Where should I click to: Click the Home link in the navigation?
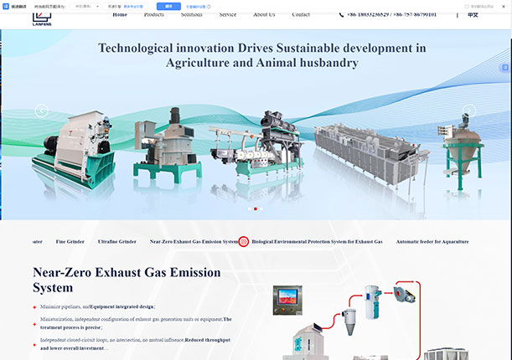click(120, 15)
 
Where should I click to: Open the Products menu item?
click(154, 15)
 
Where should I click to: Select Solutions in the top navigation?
click(191, 15)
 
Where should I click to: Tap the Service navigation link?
click(228, 15)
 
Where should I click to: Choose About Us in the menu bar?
click(264, 15)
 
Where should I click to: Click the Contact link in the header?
click(301, 15)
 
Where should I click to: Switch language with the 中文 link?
click(473, 15)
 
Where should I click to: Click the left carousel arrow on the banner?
click(41, 110)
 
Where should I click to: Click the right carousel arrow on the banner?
click(469, 110)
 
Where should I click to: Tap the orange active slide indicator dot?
click(255, 208)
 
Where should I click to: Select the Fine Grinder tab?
click(70, 242)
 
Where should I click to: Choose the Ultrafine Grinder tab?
click(116, 242)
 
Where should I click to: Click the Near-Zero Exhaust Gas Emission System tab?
click(194, 242)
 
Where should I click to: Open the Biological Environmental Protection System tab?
click(317, 242)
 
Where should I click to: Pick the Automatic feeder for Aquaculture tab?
click(432, 242)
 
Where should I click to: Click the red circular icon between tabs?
click(244, 242)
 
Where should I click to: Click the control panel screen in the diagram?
click(287, 295)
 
